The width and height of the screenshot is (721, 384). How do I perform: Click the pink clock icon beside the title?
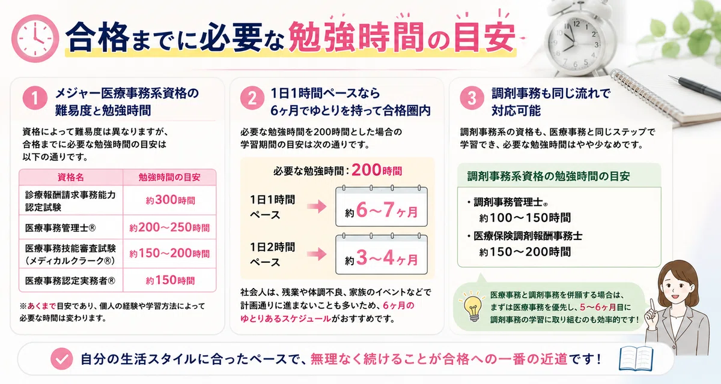click(x=35, y=38)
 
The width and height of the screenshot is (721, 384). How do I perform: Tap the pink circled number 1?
click(x=35, y=98)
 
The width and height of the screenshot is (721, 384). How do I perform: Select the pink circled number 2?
click(x=252, y=98)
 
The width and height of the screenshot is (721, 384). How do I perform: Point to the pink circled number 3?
click(x=472, y=98)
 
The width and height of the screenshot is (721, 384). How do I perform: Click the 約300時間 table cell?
click(x=170, y=200)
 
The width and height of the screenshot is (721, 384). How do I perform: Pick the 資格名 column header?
click(x=71, y=177)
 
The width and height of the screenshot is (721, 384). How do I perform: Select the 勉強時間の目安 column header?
click(x=169, y=177)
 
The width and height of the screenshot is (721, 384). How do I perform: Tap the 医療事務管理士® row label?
click(x=61, y=228)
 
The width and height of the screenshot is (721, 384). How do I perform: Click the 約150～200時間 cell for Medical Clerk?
click(x=169, y=254)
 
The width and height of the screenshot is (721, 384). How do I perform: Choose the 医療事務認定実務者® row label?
click(x=70, y=281)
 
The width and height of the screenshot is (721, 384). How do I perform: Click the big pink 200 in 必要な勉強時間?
click(x=367, y=170)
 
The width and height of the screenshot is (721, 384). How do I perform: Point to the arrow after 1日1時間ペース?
click(x=317, y=206)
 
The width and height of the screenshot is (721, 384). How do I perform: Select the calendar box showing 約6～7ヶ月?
click(x=382, y=206)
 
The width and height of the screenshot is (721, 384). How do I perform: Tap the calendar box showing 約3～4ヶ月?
click(x=382, y=254)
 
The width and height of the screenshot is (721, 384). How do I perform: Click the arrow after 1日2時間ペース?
click(x=317, y=254)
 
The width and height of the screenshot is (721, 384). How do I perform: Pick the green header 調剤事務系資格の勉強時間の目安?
click(x=549, y=176)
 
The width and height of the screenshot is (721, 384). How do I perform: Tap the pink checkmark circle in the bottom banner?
click(x=62, y=359)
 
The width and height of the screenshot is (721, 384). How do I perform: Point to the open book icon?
click(x=636, y=358)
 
